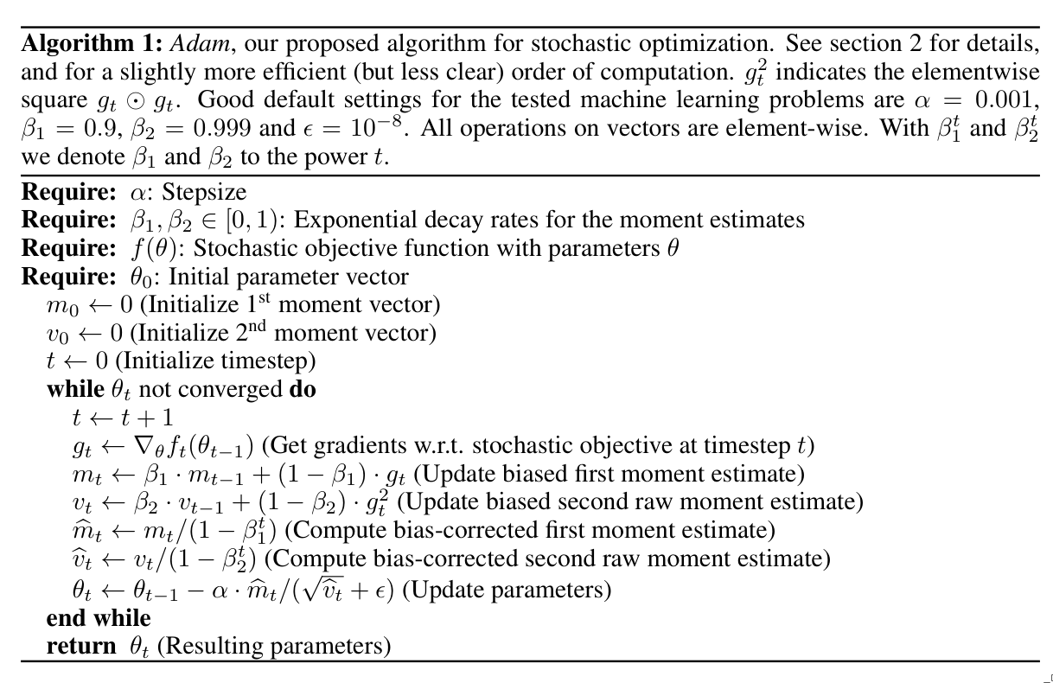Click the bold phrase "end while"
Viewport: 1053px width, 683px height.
[x=98, y=618]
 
